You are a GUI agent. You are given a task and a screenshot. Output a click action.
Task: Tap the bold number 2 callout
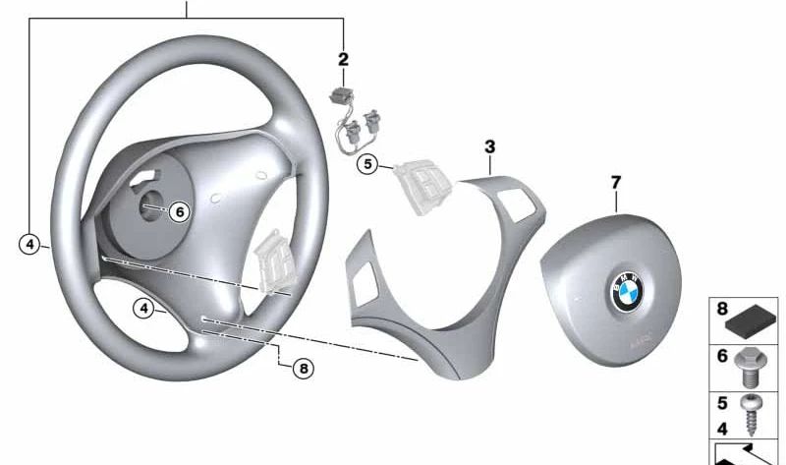coord(343,60)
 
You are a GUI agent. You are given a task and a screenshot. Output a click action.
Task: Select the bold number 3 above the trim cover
coord(489,147)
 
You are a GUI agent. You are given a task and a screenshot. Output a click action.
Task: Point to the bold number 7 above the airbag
coord(616,183)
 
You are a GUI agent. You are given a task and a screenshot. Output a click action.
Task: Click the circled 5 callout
coord(368,164)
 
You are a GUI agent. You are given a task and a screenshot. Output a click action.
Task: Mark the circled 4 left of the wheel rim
coord(30,244)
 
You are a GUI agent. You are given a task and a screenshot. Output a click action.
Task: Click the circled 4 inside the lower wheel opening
coord(144,309)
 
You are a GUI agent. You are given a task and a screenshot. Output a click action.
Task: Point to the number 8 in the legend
coord(722,309)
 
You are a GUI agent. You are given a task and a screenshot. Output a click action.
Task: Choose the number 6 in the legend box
coord(722,356)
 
